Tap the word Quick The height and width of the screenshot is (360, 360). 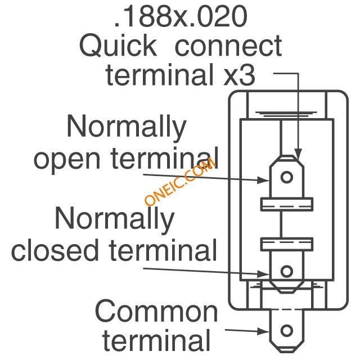tap(118, 46)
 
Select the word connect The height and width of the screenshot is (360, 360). tap(228, 46)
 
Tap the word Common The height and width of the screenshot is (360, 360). tap(156, 311)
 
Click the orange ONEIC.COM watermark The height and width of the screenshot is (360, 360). tap(180, 181)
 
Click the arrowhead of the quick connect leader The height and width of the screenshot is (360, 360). tap(297, 152)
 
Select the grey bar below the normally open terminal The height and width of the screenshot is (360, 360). tap(287, 204)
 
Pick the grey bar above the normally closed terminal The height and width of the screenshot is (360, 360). tap(287, 244)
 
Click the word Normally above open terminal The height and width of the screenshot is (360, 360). tap(126, 128)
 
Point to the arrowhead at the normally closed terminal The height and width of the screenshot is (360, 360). tap(264, 274)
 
